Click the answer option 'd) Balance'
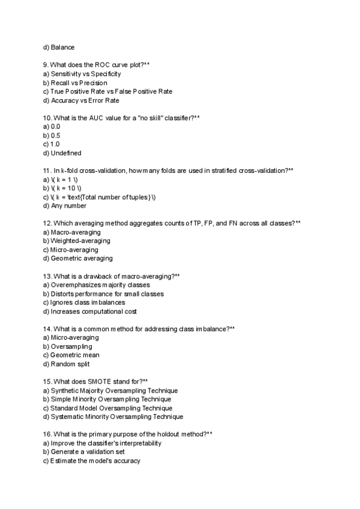pos(59,47)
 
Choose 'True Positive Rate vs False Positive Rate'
pos(111,91)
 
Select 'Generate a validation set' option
pos(88,452)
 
